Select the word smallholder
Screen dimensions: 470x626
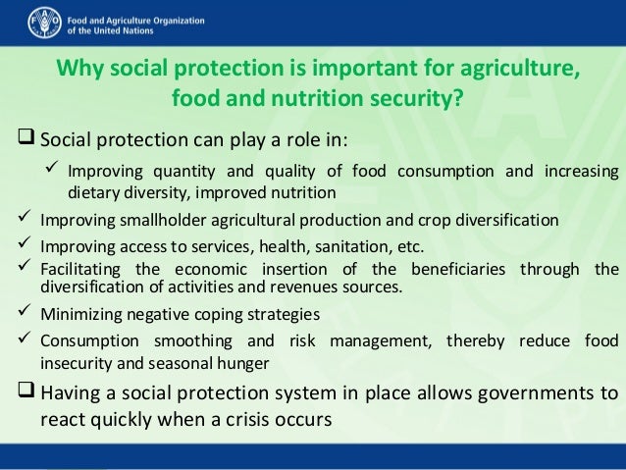(153, 219)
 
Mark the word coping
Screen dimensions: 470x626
(221, 315)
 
